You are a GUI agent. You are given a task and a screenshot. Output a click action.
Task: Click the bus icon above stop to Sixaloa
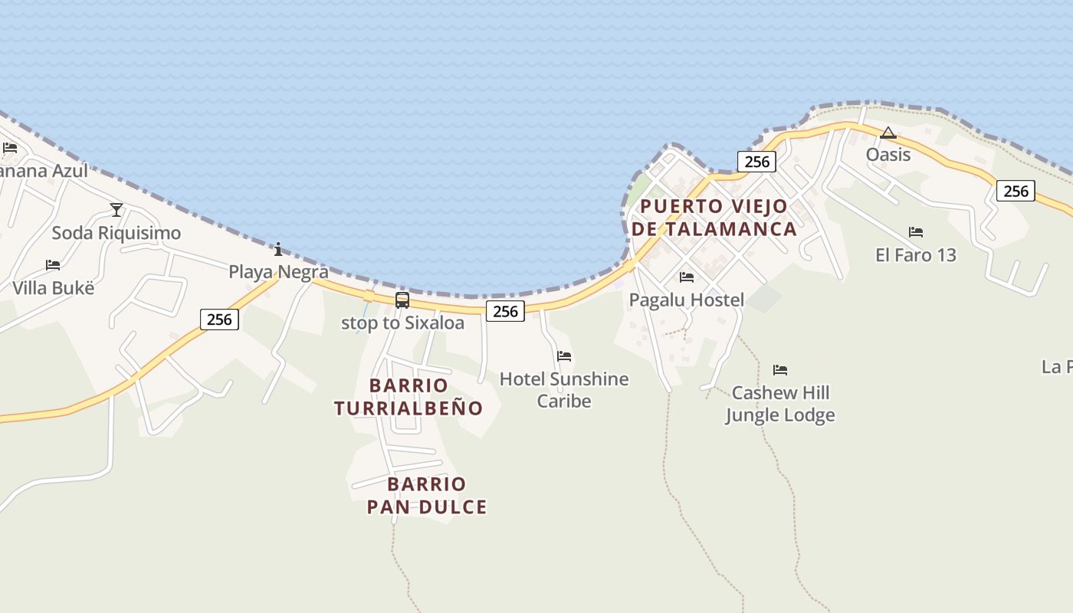[402, 300]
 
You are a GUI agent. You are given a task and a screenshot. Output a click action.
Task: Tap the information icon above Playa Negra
[278, 249]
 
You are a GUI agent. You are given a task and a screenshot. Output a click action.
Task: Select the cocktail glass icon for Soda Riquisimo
[116, 209]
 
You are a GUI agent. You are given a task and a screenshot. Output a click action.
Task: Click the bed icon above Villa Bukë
[53, 265]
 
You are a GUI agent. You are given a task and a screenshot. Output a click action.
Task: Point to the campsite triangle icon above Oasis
[888, 133]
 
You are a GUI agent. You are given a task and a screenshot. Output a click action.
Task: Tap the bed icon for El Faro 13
[916, 232]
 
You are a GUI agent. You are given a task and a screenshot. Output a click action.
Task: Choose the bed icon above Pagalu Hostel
[687, 277]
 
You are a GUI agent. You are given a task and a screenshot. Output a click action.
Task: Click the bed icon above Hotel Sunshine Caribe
[564, 356]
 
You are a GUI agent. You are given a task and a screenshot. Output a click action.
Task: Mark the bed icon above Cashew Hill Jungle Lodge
[780, 370]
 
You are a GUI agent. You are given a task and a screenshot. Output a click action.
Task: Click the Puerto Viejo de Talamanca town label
[714, 218]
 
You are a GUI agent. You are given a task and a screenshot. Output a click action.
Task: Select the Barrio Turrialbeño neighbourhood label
[409, 397]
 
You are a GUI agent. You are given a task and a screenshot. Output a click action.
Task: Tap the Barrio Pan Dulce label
[427, 496]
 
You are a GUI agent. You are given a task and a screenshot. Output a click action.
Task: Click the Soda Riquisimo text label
[116, 233]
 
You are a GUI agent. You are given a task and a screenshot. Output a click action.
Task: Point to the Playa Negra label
[278, 272]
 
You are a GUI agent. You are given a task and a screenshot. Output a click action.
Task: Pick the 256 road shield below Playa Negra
[219, 320]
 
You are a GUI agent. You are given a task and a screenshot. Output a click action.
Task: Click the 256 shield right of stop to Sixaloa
[505, 310]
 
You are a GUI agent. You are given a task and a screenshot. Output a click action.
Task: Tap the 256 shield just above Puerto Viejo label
[756, 162]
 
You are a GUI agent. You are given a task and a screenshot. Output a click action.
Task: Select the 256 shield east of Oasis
[1016, 191]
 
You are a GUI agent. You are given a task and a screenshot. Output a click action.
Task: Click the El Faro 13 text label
[916, 255]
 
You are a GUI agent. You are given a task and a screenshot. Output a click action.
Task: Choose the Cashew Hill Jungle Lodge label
[780, 405]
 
